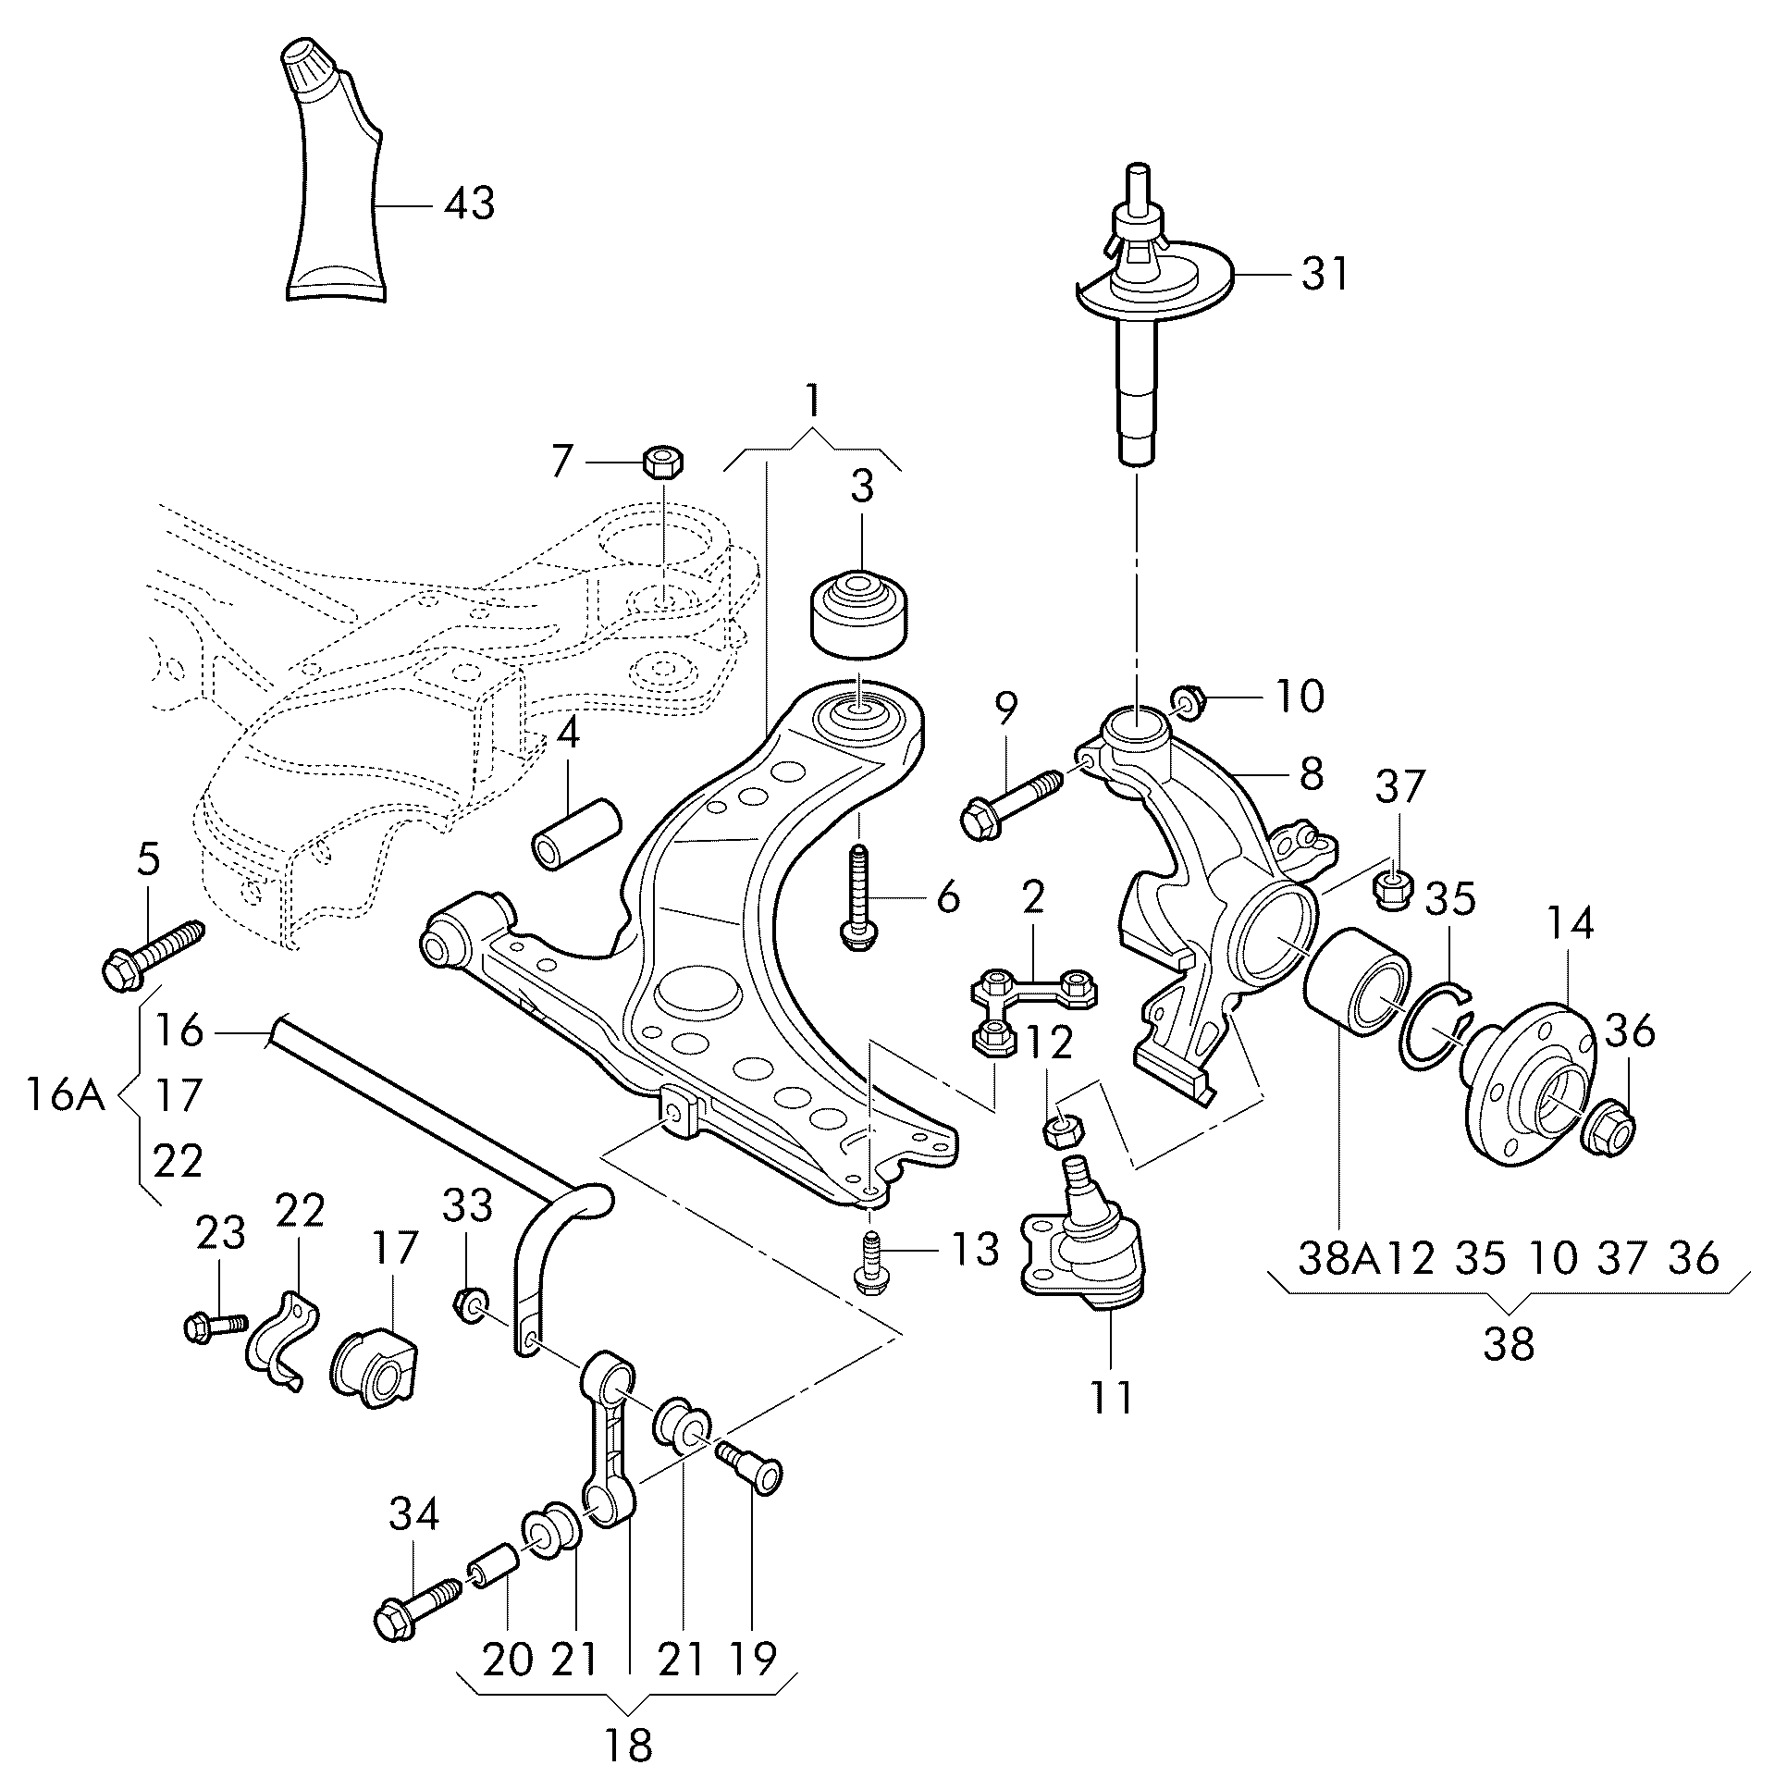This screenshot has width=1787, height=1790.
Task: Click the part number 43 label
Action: [469, 203]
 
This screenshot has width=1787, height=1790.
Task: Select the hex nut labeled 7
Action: [661, 461]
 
